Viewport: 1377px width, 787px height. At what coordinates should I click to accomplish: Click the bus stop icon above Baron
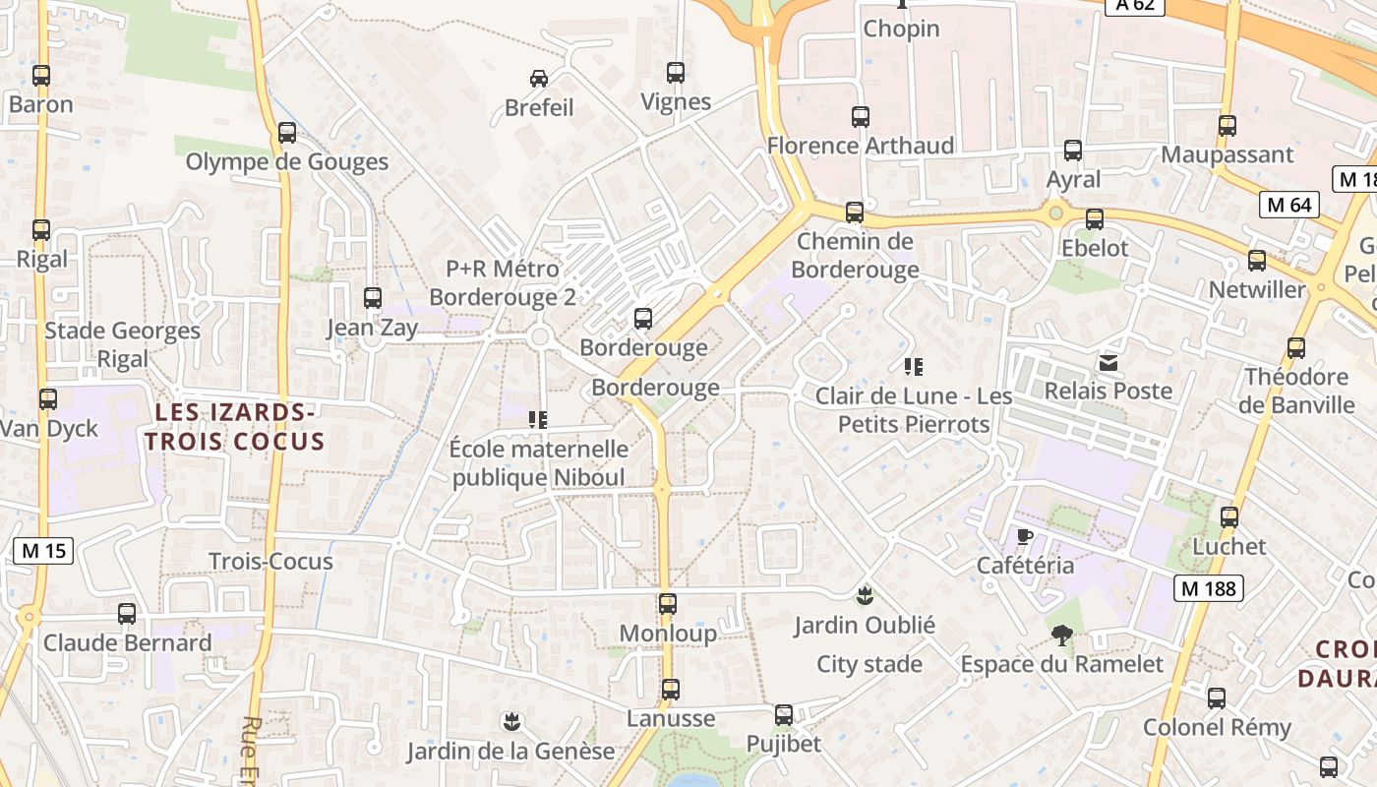coord(41,75)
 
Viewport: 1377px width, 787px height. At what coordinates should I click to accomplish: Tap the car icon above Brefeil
coord(538,79)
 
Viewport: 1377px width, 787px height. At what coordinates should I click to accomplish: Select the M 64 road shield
coord(1288,205)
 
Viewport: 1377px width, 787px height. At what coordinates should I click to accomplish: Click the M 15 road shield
coord(43,551)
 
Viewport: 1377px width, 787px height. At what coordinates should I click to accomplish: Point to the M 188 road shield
coord(1208,588)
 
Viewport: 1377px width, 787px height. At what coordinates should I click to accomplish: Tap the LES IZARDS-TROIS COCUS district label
coord(234,425)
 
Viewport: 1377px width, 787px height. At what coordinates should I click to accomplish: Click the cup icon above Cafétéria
coord(1024,536)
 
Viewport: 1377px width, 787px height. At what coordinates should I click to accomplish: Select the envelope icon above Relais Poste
coord(1108,363)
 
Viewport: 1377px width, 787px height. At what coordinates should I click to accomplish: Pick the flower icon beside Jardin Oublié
coord(865,595)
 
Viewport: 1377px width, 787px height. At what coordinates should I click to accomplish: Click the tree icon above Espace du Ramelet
coord(1061,635)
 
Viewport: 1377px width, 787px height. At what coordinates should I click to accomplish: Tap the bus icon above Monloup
coord(668,604)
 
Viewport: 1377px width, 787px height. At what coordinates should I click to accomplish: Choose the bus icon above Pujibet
coord(783,715)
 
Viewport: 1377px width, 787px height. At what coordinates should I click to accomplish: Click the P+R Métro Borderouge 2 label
coord(503,282)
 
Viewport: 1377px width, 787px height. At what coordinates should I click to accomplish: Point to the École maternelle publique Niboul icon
coord(538,420)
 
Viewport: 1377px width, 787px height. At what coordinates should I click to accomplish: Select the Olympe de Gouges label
coord(287,162)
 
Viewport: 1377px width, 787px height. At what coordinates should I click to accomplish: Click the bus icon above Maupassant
coord(1227,126)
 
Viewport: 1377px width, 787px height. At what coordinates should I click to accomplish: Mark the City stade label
coord(869,664)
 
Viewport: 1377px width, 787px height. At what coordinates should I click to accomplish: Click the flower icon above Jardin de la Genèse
coord(510,722)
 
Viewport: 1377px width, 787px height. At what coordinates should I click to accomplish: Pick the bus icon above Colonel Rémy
coord(1217,698)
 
